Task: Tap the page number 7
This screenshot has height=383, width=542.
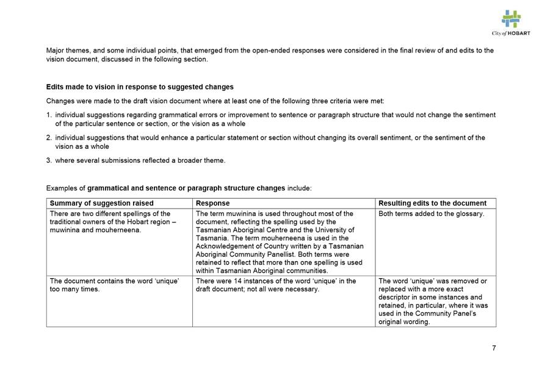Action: tap(494, 348)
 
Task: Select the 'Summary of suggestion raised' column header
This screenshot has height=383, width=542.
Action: tap(101, 203)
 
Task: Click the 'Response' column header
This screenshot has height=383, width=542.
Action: tap(213, 203)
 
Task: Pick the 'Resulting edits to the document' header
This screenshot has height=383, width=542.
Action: tap(432, 203)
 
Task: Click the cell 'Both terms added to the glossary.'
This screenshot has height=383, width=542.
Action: tap(431, 213)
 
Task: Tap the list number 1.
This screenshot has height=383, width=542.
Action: tap(49, 115)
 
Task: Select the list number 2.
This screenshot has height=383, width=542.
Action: tap(49, 138)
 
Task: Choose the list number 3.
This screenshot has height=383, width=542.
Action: tap(49, 160)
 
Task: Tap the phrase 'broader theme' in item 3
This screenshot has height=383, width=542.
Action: tap(203, 160)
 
